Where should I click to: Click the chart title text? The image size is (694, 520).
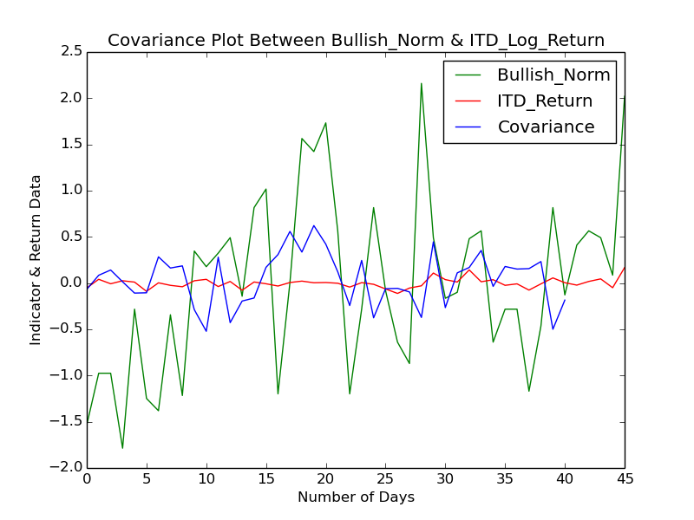(x=356, y=41)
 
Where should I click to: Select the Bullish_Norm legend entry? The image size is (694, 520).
(x=553, y=75)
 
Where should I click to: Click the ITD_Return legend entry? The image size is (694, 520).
(x=544, y=101)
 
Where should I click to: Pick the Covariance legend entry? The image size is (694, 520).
(x=546, y=127)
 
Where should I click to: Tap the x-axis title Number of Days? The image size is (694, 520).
(x=356, y=497)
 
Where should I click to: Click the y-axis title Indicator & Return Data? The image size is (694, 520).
(x=36, y=260)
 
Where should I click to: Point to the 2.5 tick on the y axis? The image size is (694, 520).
(x=72, y=52)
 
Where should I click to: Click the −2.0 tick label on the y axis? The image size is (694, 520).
(x=69, y=468)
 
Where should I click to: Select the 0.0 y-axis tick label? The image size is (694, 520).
(x=72, y=283)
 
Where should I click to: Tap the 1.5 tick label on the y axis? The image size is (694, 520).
(x=72, y=145)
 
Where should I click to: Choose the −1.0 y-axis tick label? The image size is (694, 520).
(x=69, y=375)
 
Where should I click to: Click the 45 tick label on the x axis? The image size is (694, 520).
(x=625, y=479)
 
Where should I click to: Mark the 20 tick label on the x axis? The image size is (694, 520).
(x=326, y=479)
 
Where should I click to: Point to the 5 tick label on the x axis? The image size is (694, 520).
(x=147, y=479)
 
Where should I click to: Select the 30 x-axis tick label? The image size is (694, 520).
(x=445, y=479)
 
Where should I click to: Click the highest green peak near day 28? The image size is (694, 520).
(x=422, y=84)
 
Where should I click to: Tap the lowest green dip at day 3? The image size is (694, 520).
(x=122, y=448)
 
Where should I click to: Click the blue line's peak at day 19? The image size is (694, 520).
(x=314, y=225)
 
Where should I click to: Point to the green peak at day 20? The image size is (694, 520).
(x=325, y=123)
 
